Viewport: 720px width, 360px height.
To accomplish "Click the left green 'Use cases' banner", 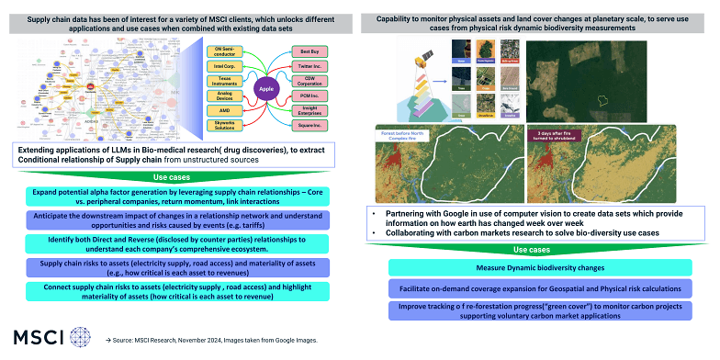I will [x=180, y=177].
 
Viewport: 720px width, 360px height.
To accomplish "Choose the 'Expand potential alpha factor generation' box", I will [x=180, y=197].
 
